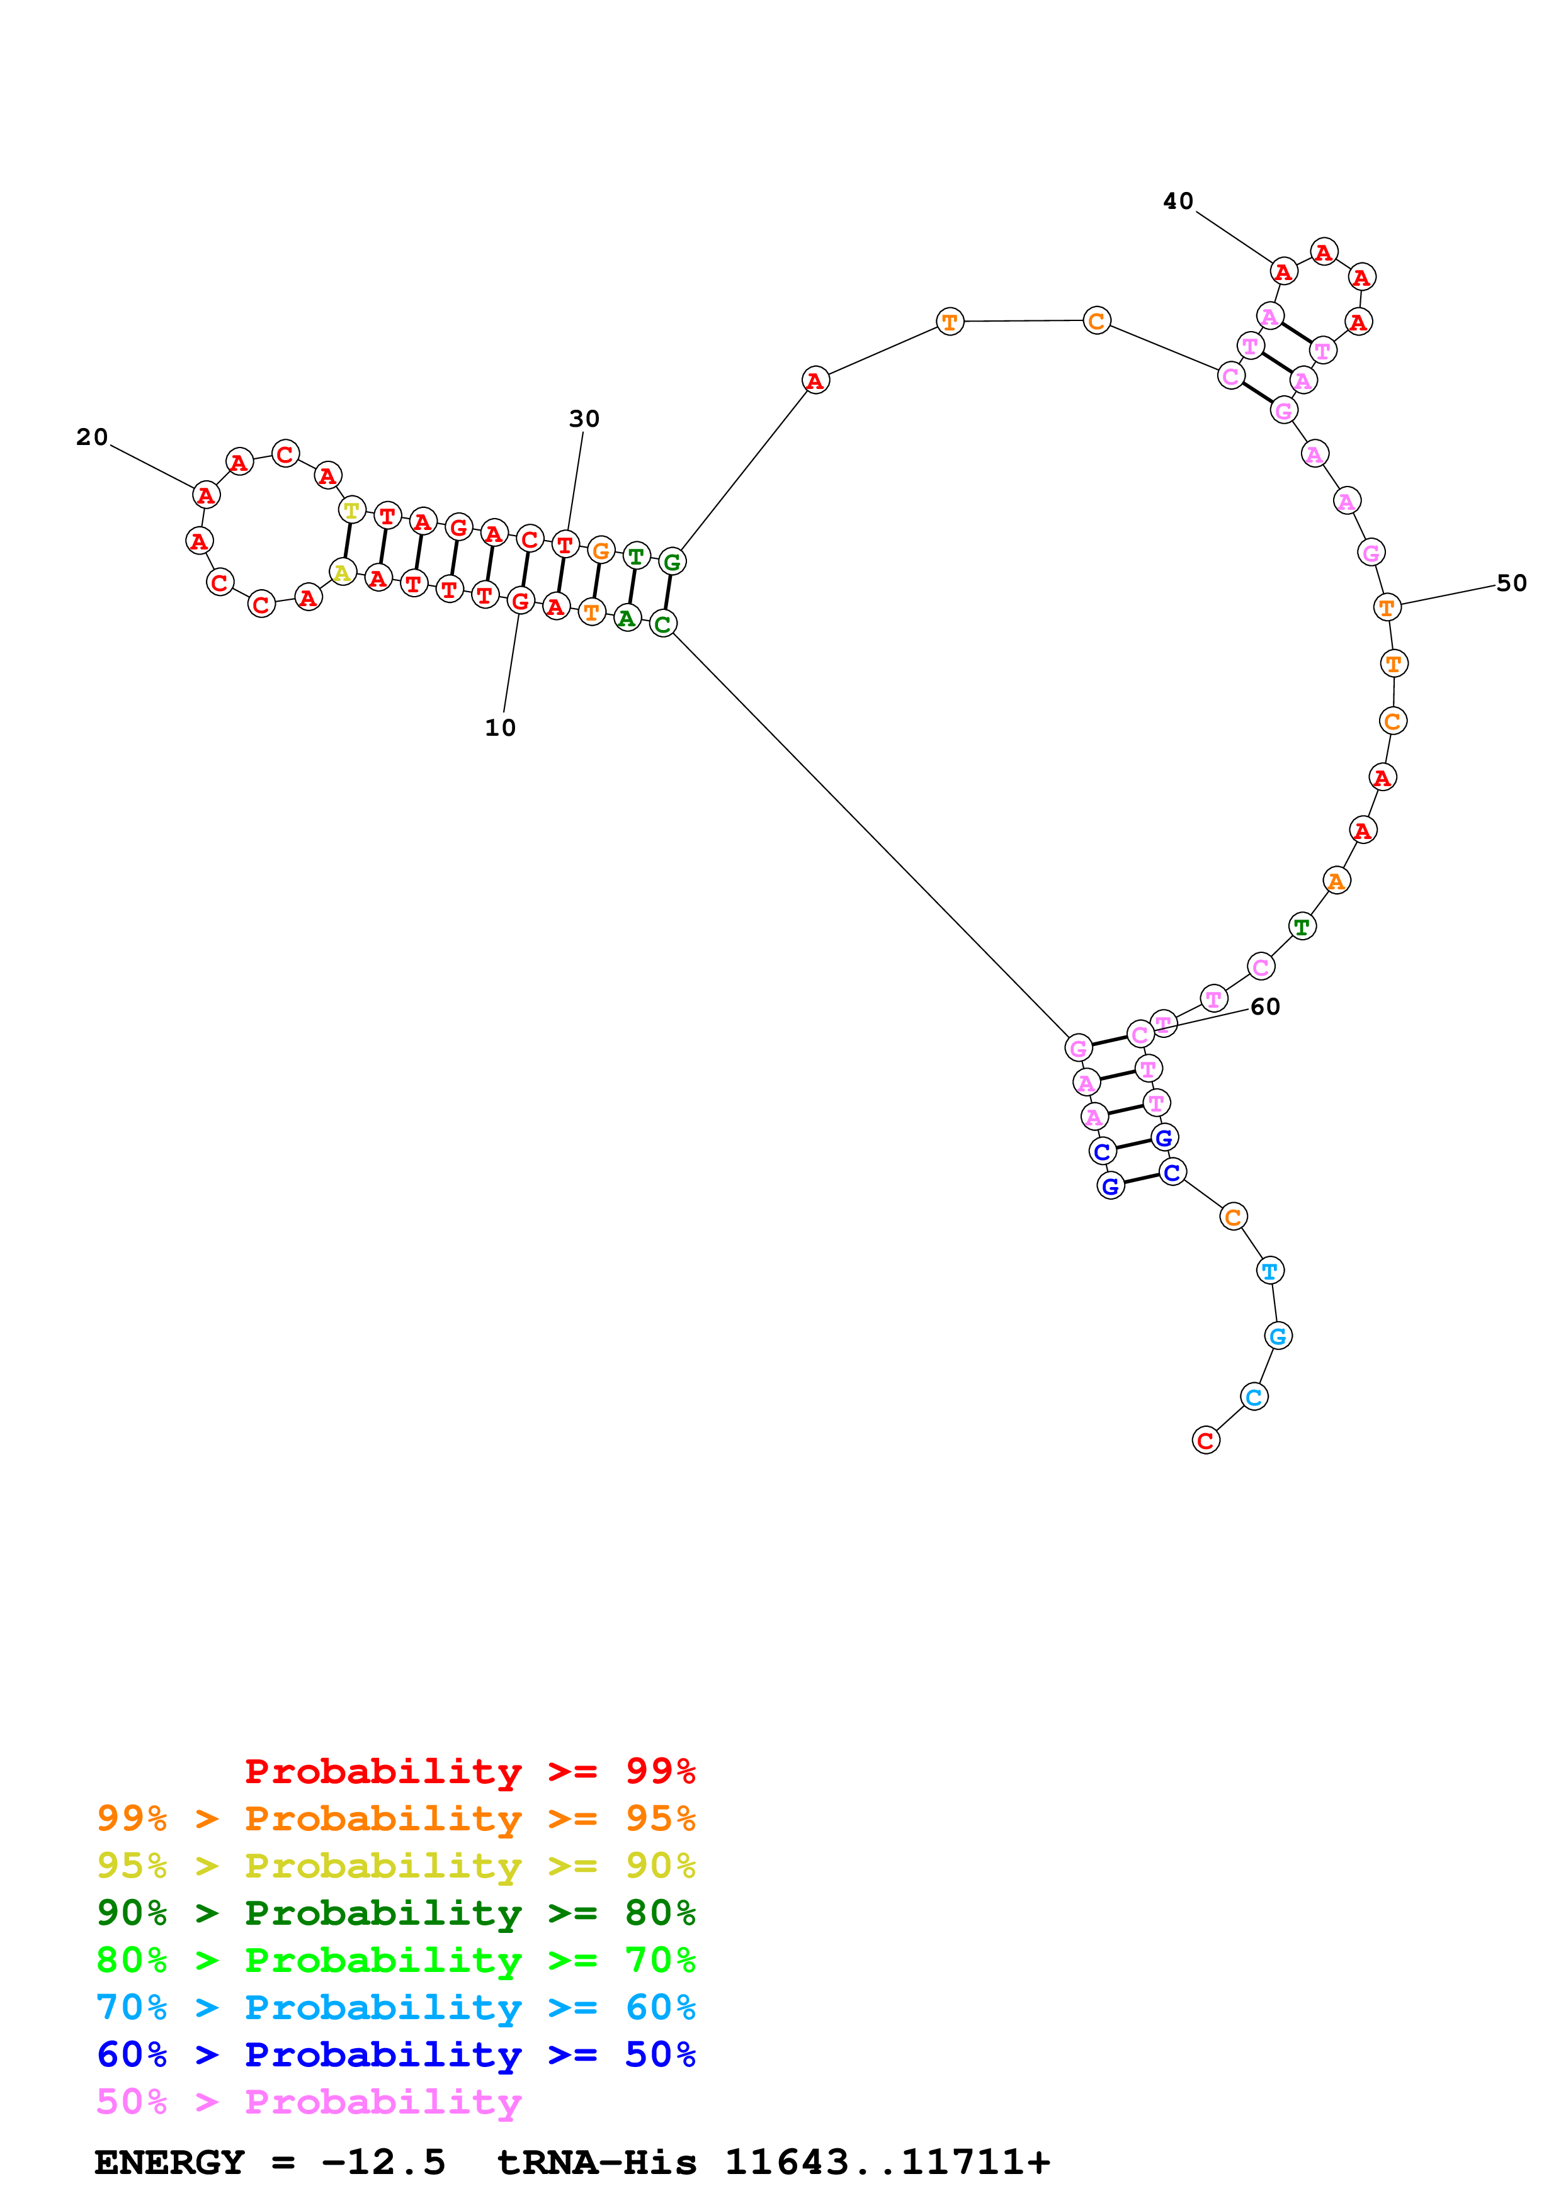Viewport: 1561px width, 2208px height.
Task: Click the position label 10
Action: click(500, 728)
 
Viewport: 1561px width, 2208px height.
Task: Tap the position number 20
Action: click(93, 437)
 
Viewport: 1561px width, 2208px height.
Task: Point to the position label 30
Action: click(584, 419)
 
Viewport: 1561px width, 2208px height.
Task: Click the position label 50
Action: click(1511, 583)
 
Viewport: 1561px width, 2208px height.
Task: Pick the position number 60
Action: click(1265, 1007)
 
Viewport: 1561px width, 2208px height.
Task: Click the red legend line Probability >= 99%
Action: click(469, 1771)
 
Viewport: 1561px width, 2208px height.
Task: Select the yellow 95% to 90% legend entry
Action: click(395, 1866)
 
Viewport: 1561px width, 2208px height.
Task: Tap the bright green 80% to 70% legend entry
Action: click(395, 1960)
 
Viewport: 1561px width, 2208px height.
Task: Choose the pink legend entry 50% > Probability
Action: click(308, 2102)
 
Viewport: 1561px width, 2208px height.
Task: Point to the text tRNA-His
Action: click(596, 2163)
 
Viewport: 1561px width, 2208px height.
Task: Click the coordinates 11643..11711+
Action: click(887, 2163)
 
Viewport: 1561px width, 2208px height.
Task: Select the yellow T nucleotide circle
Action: click(352, 510)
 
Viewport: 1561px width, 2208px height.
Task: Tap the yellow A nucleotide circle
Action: click(343, 573)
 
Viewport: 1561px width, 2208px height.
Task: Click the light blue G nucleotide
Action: click(1277, 1336)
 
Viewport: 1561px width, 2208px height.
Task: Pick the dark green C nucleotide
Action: click(662, 624)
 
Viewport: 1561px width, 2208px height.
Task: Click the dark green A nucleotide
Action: click(627, 618)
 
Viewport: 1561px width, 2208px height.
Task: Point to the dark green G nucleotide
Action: click(671, 561)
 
